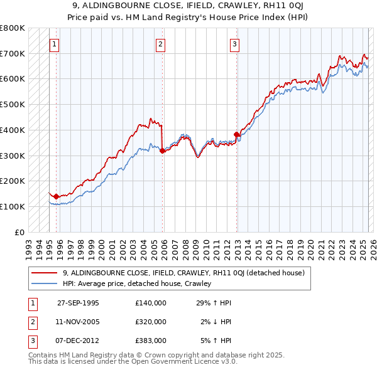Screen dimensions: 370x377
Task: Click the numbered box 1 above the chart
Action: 55,45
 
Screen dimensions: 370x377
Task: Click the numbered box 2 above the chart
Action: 161,45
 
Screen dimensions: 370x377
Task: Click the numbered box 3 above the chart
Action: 234,45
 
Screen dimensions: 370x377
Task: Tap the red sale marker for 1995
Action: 57,196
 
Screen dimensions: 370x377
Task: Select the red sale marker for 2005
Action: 162,151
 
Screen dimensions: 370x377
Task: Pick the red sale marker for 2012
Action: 237,134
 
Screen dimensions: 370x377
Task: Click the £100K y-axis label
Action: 13,206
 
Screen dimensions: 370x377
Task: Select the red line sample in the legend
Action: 46,273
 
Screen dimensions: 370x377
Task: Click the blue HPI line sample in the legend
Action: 46,283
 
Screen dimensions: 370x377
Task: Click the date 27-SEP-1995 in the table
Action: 78,302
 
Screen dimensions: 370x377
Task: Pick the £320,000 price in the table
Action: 151,322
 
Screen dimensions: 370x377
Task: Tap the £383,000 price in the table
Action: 151,341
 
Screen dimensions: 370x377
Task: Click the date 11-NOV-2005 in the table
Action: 78,322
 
